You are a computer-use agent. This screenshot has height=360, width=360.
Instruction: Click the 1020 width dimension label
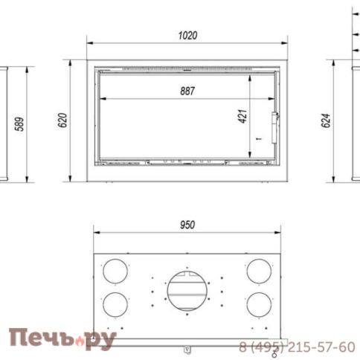[187, 36]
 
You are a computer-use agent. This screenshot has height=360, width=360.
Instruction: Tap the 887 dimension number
[187, 91]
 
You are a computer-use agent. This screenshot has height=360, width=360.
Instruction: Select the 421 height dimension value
[242, 116]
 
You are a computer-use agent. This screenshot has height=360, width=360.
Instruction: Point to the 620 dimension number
[62, 120]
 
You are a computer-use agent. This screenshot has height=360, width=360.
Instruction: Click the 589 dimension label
[19, 124]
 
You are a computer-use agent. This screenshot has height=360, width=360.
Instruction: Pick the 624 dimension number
[326, 120]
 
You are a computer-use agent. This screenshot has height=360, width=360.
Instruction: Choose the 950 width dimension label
[187, 225]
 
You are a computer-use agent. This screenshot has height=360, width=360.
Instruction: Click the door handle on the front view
[274, 127]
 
